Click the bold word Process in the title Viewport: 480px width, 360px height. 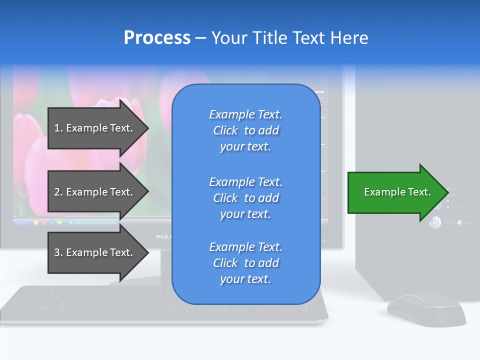[x=157, y=38]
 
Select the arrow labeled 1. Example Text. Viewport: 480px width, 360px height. [x=95, y=128]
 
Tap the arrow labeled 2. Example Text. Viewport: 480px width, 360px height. [x=95, y=192]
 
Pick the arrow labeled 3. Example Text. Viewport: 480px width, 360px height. [x=95, y=252]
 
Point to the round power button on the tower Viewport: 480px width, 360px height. [x=435, y=222]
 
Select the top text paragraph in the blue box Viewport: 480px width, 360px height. [x=245, y=130]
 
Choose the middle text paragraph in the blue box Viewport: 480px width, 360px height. [x=245, y=198]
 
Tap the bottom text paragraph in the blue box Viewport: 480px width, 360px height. [x=245, y=263]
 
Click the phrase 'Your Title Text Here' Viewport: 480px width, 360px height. [x=289, y=38]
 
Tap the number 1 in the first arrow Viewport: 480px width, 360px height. [x=57, y=128]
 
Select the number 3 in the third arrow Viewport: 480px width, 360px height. [x=57, y=253]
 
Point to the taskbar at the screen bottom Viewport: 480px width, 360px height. [x=100, y=221]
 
